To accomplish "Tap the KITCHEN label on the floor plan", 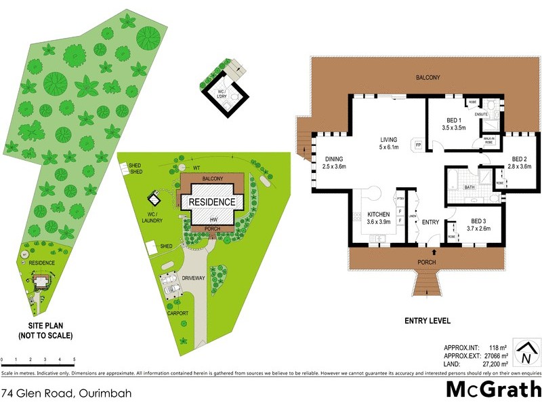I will coord(378,214).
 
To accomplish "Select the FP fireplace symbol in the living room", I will coord(419,145).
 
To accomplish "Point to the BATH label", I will coord(469,187).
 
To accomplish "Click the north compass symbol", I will coord(525,353).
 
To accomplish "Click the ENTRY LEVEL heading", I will coord(427,321).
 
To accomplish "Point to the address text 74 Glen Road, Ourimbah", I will coord(66,393).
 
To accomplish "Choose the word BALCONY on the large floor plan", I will coord(428,78).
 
